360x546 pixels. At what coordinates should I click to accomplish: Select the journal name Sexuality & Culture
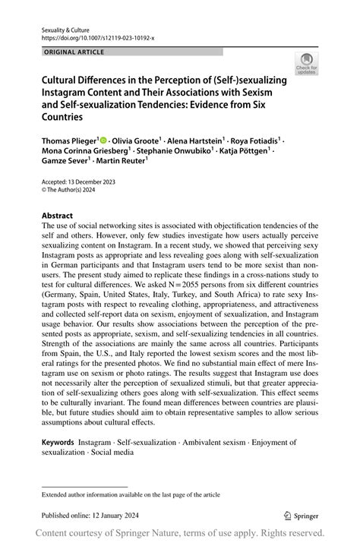click(x=65, y=27)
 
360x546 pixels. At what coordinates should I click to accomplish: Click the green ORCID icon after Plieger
click(x=104, y=140)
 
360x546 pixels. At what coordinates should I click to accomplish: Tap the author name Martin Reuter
click(x=116, y=163)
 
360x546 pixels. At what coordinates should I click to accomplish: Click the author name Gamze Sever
click(x=65, y=163)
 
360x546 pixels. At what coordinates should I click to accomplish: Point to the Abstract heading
click(x=57, y=215)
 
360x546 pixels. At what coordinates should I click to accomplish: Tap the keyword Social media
click(x=112, y=452)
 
